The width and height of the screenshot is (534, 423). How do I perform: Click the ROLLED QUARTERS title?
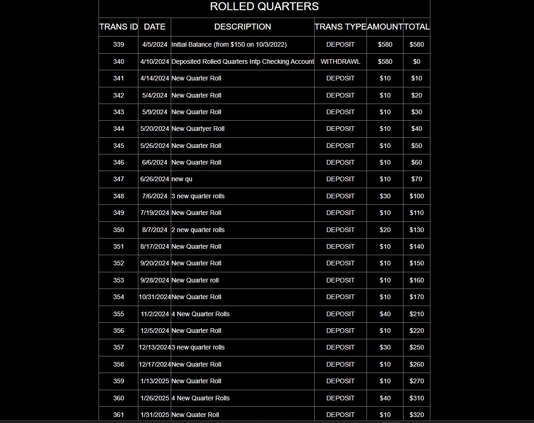point(264,6)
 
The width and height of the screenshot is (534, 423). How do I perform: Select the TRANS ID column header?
point(118,27)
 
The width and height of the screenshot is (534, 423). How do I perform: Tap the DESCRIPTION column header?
point(242,27)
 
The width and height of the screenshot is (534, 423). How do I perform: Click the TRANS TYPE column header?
point(341,27)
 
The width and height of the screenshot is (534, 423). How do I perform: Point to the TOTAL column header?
point(416,27)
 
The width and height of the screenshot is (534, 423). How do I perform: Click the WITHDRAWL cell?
point(340,61)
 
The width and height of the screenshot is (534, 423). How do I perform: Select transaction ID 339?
point(118,44)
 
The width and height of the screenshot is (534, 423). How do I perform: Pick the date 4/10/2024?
point(155,61)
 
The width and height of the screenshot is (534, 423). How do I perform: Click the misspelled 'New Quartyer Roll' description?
point(198,129)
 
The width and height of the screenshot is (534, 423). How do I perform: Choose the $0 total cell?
point(416,61)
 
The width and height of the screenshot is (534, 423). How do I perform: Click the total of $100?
point(416,196)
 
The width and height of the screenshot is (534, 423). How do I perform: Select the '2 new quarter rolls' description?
point(198,230)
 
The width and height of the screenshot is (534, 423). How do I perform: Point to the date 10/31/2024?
point(155,297)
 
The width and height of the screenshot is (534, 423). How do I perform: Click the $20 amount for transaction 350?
point(385,230)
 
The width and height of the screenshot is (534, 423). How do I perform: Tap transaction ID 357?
point(118,347)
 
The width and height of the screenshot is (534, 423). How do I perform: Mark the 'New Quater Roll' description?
point(195,415)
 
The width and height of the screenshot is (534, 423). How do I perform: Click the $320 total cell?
point(416,415)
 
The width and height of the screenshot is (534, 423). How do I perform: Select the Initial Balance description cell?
point(229,44)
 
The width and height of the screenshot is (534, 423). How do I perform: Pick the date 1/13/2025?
point(155,381)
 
